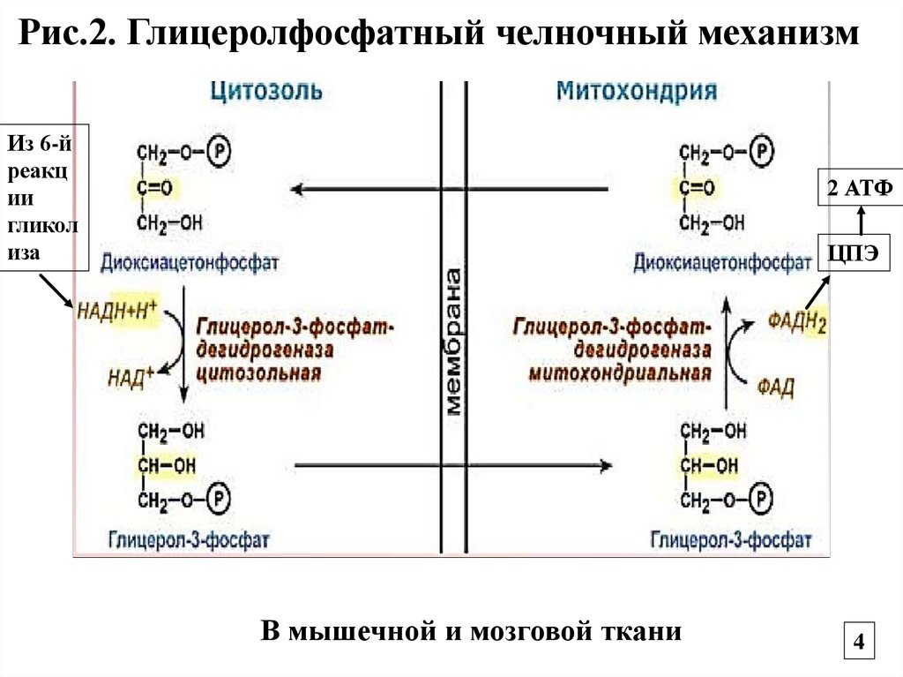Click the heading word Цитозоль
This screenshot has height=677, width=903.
(265, 91)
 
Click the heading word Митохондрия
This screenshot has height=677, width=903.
(636, 91)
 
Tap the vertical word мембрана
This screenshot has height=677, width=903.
(454, 341)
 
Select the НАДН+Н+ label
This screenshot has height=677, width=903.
(117, 310)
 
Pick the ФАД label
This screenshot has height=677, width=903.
(777, 386)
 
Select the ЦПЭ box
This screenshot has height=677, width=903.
(853, 254)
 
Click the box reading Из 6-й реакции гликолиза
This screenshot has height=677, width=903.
(45, 197)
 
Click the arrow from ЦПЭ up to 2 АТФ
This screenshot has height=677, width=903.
(861, 220)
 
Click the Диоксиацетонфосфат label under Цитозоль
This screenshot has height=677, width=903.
(190, 263)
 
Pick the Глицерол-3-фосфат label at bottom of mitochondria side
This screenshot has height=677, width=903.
(730, 538)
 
